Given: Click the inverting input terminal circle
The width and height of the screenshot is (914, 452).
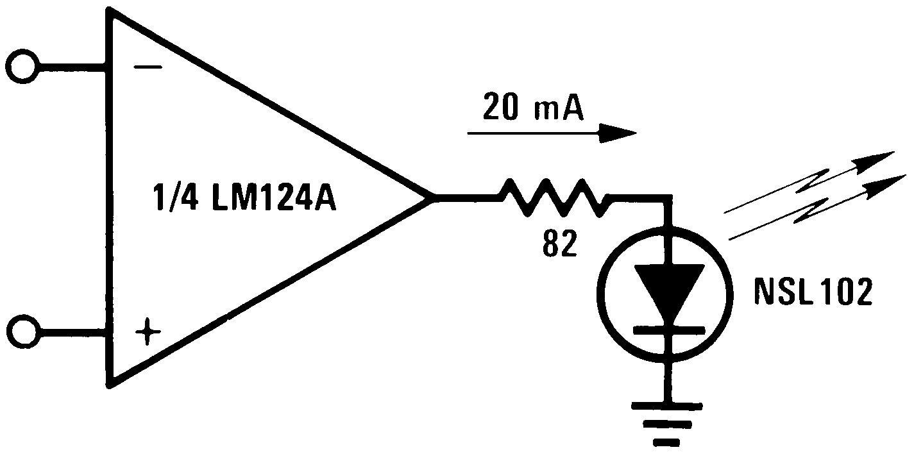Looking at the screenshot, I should tap(22, 65).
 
